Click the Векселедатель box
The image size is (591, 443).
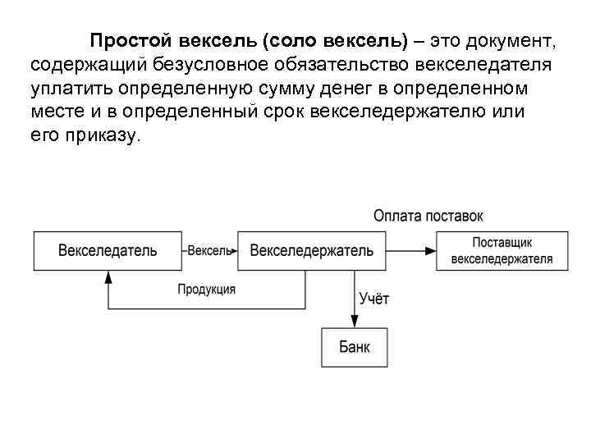[107, 250]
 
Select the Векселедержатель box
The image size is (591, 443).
[311, 250]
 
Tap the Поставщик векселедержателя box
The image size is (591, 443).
[502, 250]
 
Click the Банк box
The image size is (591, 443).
[355, 347]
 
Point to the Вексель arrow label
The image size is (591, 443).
[210, 250]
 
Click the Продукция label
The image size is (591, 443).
[207, 289]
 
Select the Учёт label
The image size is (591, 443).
[374, 299]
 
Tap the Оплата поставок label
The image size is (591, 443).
[428, 216]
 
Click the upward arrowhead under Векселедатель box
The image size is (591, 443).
[108, 276]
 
